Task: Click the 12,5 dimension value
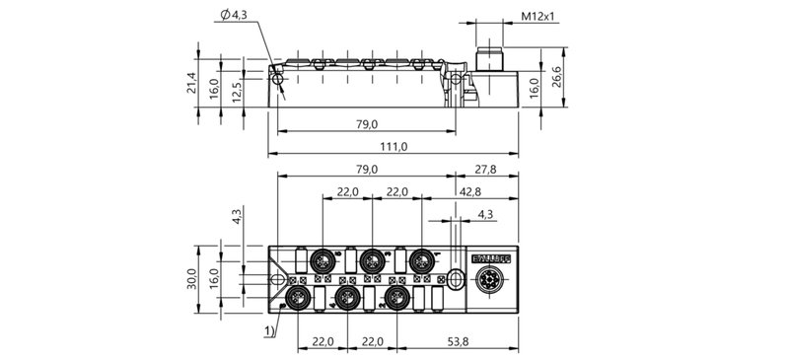pyautogui.click(x=237, y=93)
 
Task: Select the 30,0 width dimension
pyautogui.click(x=191, y=277)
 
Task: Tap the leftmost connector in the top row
pyautogui.click(x=322, y=261)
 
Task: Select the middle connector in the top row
pyautogui.click(x=371, y=261)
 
